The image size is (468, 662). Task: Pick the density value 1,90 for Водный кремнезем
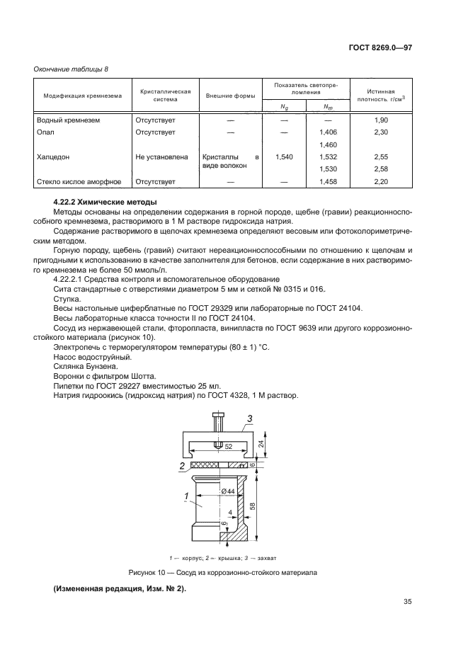382,120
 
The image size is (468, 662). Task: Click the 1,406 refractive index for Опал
328,132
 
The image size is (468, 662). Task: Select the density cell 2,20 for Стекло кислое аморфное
382,181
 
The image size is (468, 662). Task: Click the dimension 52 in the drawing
228,447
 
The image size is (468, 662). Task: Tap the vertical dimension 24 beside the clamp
261,444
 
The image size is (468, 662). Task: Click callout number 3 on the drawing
249,418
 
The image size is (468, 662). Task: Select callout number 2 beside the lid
183,466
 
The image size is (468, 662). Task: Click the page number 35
407,603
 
